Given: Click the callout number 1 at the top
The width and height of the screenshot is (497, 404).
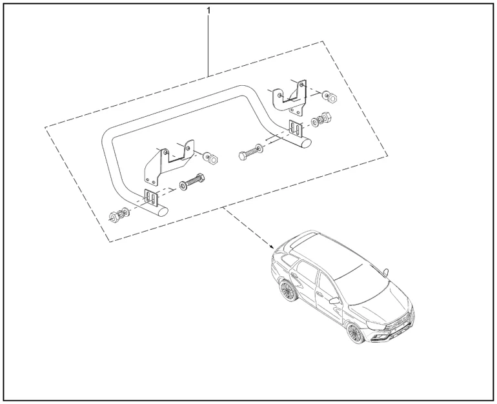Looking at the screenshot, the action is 208,11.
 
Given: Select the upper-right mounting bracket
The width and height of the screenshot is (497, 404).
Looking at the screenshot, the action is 290,97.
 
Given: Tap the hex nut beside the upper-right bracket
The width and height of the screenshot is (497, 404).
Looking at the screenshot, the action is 332,98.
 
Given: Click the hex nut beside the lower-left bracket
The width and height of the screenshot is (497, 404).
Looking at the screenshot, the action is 213,159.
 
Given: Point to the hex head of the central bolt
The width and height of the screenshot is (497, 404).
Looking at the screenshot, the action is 243,157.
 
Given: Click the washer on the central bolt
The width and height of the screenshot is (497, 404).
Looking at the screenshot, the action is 259,148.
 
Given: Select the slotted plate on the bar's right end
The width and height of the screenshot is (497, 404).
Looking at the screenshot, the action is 296,128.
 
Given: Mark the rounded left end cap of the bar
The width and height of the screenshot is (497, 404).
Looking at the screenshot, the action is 162,211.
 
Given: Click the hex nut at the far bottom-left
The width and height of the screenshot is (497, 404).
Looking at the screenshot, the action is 114,217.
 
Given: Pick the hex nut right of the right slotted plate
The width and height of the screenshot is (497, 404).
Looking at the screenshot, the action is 326,117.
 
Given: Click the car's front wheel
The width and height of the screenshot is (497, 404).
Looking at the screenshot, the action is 356,332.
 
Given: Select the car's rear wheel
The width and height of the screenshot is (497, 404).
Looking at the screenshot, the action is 287,290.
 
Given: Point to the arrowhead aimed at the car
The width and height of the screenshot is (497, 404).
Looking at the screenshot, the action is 270,245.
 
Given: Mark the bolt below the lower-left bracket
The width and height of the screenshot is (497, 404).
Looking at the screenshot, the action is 192,183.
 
